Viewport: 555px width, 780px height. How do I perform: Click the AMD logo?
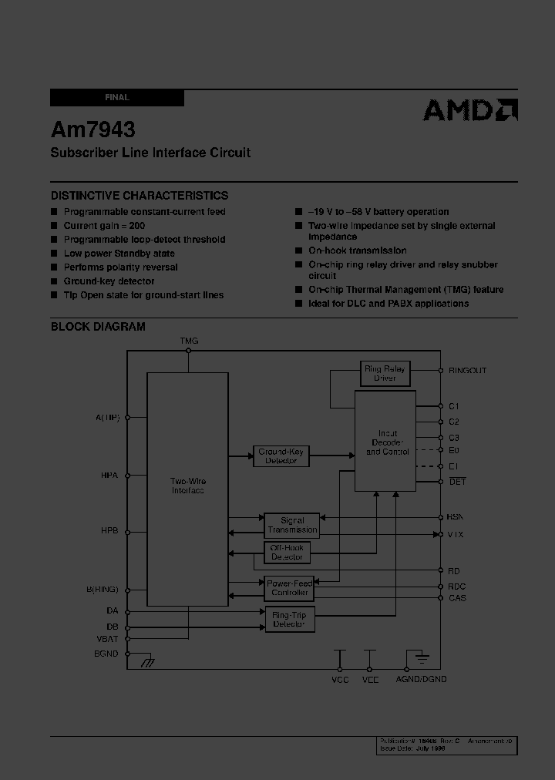(x=470, y=111)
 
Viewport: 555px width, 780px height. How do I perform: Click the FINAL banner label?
(x=117, y=98)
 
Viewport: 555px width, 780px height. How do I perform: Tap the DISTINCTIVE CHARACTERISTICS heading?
(x=140, y=196)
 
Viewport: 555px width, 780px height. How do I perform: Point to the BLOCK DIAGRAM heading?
(x=98, y=326)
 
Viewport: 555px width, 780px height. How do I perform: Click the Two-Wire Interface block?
(x=187, y=486)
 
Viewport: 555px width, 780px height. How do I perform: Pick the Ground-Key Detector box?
(x=281, y=456)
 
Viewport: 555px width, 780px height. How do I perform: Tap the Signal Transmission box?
(x=292, y=525)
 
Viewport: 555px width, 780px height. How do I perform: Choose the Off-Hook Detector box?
(x=287, y=552)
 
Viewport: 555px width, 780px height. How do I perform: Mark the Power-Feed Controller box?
(x=290, y=588)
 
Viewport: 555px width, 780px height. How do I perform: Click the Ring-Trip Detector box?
(x=289, y=619)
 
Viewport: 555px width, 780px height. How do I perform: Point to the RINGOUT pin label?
(x=467, y=371)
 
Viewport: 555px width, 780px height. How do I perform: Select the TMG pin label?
(x=189, y=341)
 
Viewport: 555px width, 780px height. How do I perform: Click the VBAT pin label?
(x=108, y=639)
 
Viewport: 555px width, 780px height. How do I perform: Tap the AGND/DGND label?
(x=421, y=679)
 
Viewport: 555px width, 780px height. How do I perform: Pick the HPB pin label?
(x=109, y=531)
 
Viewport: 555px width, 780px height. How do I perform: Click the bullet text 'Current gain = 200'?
(x=104, y=226)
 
